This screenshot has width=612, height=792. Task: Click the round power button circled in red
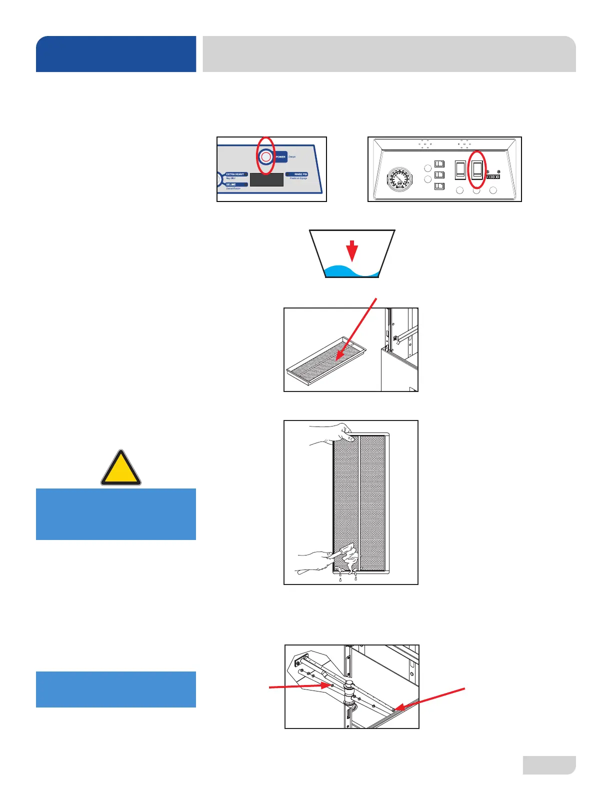266,157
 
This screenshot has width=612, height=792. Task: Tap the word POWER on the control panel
280,157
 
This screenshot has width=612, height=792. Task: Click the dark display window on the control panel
266,179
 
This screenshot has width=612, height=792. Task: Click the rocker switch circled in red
477,169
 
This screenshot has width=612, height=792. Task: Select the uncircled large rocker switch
460,169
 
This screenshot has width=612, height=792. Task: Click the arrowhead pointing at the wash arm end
396,708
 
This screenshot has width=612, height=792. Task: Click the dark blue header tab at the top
116,54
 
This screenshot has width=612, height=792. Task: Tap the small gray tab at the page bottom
549,765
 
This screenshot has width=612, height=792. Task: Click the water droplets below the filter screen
347,578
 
